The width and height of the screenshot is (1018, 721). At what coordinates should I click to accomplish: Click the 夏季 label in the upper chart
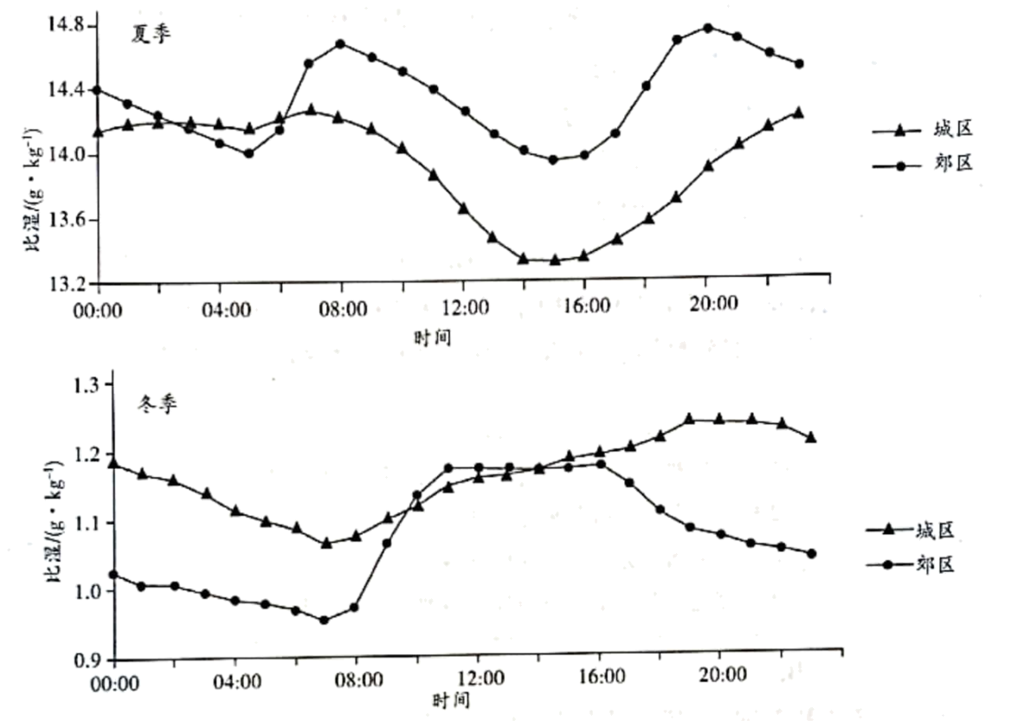click(151, 34)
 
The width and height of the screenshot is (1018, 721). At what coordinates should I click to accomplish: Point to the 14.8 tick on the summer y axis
click(66, 25)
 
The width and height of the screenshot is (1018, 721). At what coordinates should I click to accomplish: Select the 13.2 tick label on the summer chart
click(66, 284)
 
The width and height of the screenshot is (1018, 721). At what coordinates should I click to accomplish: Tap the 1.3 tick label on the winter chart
click(87, 385)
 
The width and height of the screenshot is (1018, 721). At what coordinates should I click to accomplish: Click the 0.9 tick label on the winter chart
click(87, 660)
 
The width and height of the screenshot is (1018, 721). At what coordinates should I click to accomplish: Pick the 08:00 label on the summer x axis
click(343, 310)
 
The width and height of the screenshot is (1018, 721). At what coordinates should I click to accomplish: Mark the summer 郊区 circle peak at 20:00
click(708, 28)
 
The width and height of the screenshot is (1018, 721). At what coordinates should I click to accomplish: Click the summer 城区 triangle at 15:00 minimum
click(554, 260)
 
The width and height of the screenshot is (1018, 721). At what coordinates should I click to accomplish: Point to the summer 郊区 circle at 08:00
click(340, 43)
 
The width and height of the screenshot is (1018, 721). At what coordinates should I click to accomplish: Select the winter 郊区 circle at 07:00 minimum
click(325, 621)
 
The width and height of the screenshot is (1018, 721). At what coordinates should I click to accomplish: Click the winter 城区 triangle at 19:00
click(689, 419)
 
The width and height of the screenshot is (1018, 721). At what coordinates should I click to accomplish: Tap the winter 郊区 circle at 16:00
click(601, 464)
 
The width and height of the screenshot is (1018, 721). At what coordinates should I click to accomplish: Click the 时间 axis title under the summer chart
click(433, 337)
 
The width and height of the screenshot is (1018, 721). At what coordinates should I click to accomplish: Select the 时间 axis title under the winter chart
click(450, 700)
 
